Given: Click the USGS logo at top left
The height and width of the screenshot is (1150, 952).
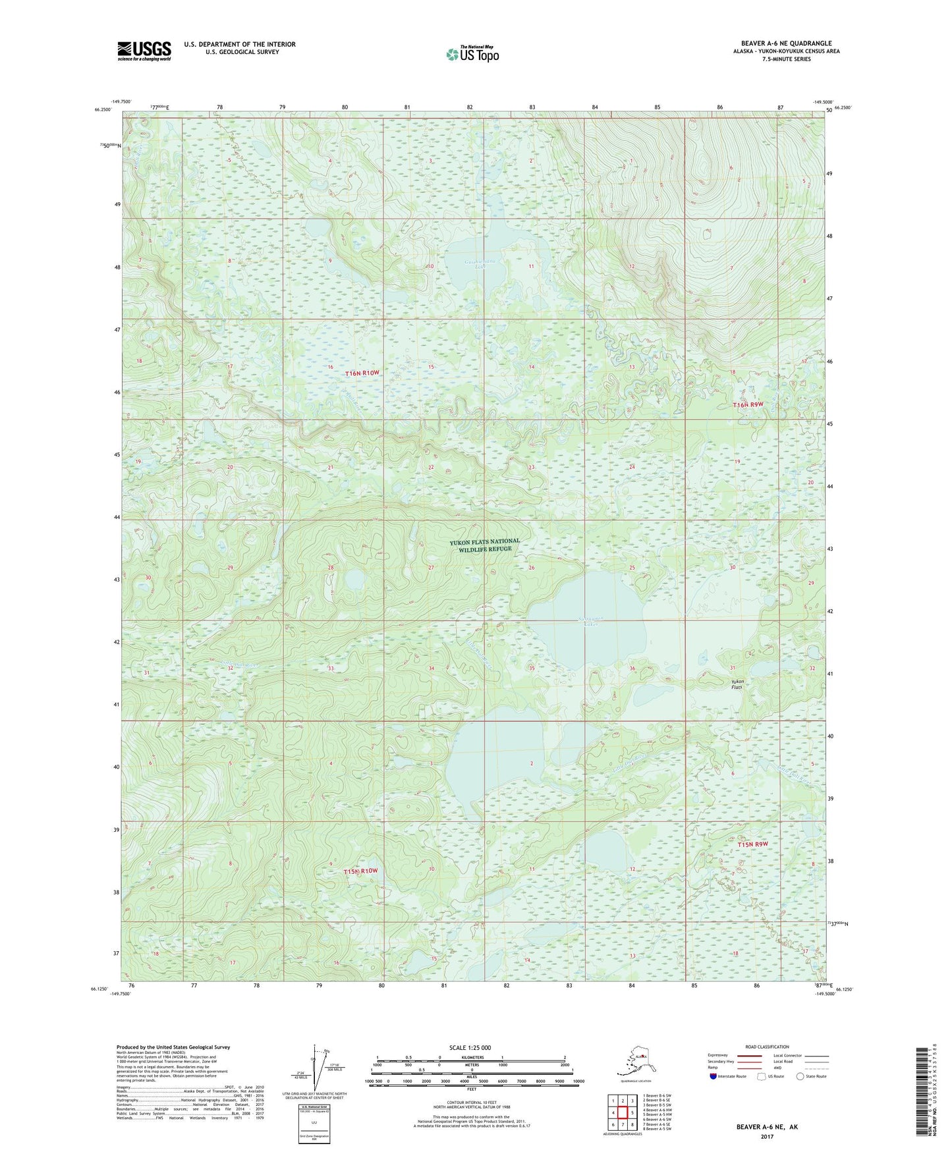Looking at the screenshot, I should pos(144,51).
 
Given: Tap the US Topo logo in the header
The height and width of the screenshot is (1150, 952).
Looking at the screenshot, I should pos(472,53).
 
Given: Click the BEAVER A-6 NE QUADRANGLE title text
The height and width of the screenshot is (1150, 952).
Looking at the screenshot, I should pos(786,43).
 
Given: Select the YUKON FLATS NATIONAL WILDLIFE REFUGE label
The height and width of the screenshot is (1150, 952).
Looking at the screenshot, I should pos(485,545).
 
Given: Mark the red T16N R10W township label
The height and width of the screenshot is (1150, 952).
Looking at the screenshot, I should pos(363,373).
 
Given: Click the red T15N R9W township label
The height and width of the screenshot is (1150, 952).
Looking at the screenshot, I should pos(752,844).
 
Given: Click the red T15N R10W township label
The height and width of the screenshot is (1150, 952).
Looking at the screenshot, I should pos(361,871).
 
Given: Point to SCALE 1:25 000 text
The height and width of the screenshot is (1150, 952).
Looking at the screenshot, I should pos(470,1047).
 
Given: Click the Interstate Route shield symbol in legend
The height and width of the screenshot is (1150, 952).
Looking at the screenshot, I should pos(714,1076).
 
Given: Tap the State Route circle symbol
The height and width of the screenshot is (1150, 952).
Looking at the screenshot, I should pos(800,1076).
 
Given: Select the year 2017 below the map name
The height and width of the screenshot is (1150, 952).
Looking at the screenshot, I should pos(767,1136).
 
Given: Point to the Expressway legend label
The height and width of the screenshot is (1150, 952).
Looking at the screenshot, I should pos(718,1055).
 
